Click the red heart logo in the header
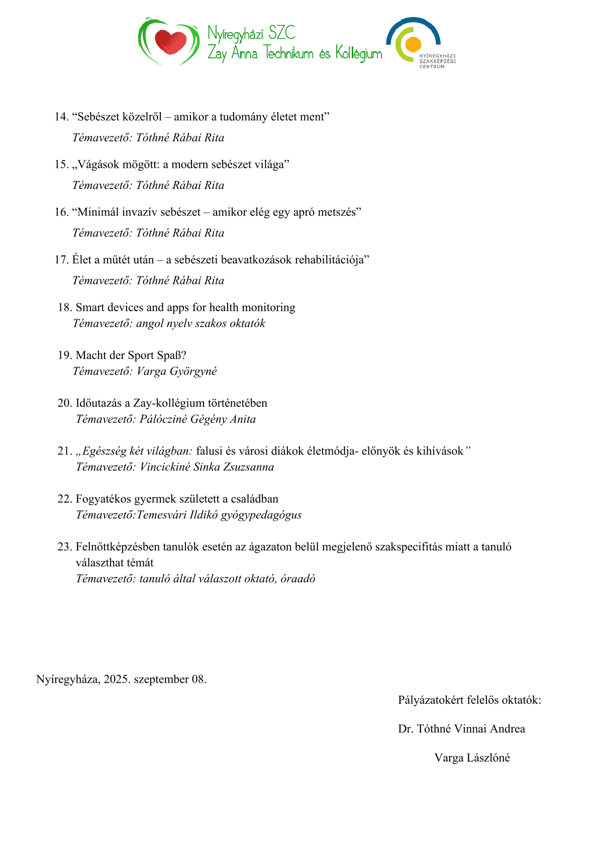point(170,42)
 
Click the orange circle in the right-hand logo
point(413,45)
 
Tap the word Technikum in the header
point(289,53)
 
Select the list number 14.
point(61,117)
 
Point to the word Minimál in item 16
point(97,212)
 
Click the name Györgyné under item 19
point(193,371)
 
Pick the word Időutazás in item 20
point(99,403)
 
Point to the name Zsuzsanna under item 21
point(249,467)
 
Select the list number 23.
point(64,547)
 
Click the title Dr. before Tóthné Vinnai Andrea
point(405,729)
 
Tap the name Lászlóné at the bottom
point(488,758)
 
